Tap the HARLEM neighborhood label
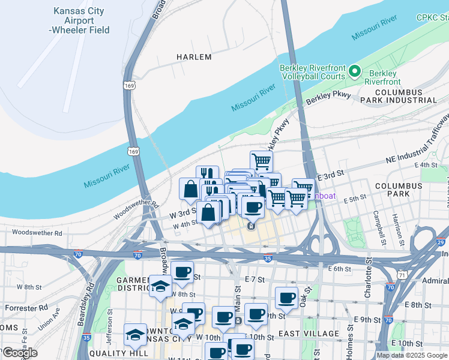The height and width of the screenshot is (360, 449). coord(194,57)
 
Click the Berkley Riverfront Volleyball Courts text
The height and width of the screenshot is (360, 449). coord(312,72)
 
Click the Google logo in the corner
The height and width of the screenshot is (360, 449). coord(20,353)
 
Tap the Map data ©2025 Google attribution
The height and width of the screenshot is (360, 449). coord(412,355)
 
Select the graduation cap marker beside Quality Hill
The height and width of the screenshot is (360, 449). coord(135,335)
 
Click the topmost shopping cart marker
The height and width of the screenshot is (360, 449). coord(261,160)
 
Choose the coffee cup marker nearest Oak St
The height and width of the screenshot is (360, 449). coord(287,297)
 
